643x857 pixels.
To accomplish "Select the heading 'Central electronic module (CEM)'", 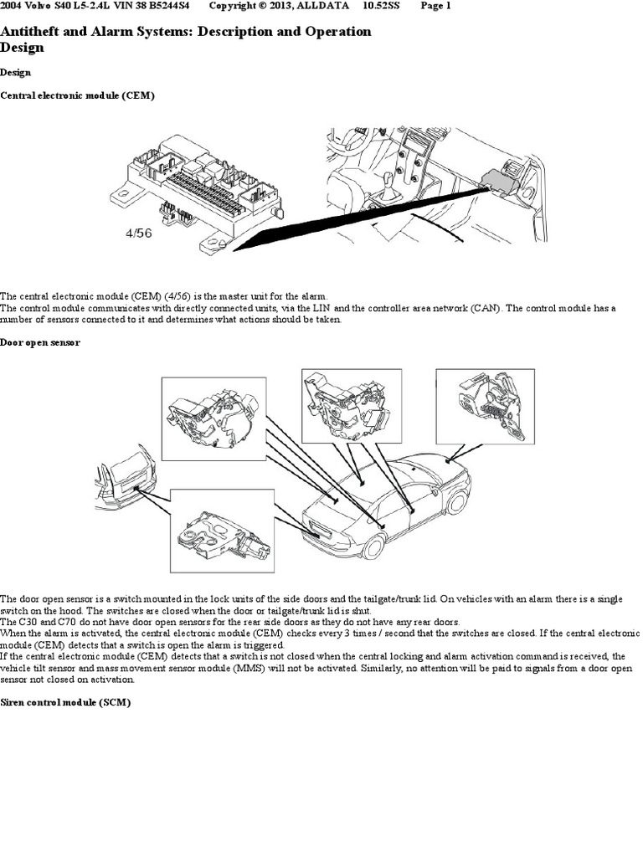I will [77, 95].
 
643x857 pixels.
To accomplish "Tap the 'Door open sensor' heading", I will [40, 343].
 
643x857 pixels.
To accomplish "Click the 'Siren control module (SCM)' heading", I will [65, 702].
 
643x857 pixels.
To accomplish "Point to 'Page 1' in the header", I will [435, 6].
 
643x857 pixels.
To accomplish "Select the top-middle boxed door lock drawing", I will [347, 404].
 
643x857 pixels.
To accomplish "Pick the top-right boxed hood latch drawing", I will [485, 405].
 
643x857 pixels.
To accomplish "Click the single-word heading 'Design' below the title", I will [15, 73].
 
